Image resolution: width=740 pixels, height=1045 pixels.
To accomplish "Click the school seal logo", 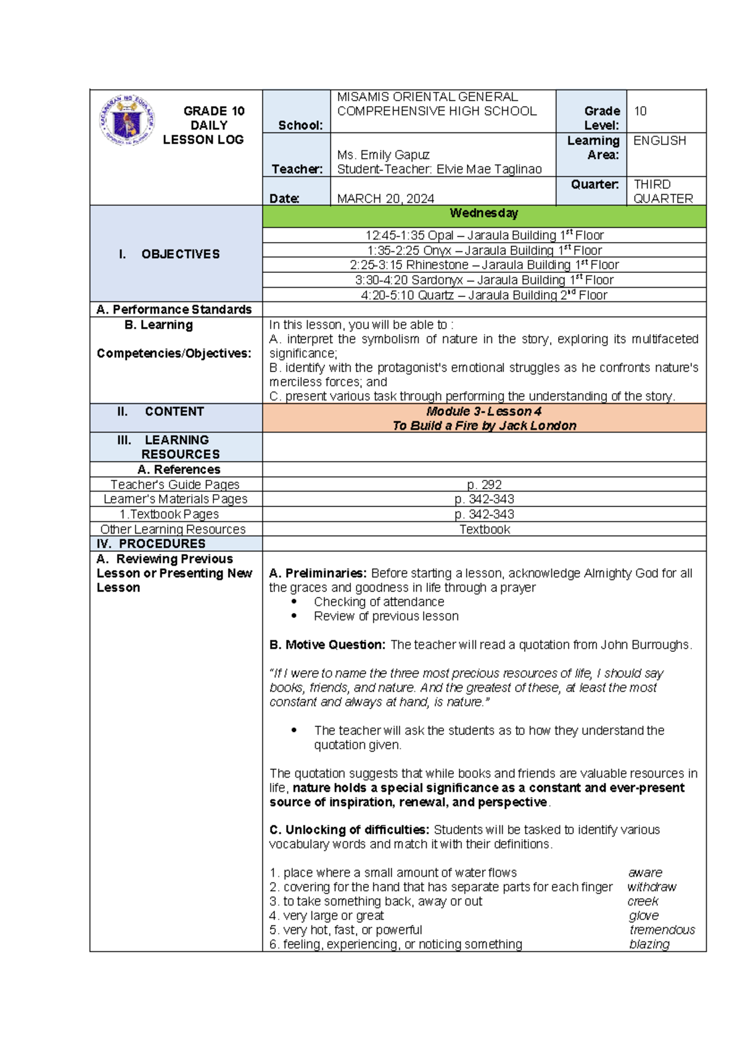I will tap(127, 120).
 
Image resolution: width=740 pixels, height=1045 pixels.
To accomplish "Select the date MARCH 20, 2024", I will tap(385, 198).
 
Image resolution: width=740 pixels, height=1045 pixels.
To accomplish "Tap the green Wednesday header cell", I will tap(484, 214).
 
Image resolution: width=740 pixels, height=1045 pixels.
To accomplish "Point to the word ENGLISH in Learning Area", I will tap(659, 140).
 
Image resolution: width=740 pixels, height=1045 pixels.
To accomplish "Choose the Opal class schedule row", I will tap(484, 235).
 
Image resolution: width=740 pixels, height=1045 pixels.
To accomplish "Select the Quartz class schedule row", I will tap(484, 295).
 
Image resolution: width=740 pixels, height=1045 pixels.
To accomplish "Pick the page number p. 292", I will tap(484, 485).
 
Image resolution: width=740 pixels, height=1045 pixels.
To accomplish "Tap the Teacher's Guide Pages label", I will tap(175, 485).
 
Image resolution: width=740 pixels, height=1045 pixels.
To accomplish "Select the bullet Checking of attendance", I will tap(379, 602).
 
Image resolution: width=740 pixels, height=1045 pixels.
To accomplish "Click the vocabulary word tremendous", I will tap(662, 930).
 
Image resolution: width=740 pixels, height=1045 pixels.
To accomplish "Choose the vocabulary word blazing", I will tap(649, 944).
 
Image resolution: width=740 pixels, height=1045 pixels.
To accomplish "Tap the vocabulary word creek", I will tap(643, 901).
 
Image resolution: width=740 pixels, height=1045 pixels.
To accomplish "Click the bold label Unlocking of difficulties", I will tap(349, 830).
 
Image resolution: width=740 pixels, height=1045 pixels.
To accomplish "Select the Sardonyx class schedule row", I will tap(484, 280).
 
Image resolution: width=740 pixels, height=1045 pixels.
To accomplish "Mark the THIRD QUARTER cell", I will tap(663, 192).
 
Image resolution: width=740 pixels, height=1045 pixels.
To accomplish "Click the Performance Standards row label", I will tap(175, 309).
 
